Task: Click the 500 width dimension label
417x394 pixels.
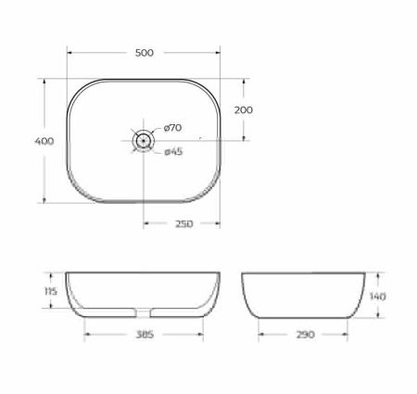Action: (x=144, y=53)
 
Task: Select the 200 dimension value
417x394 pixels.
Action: (x=244, y=109)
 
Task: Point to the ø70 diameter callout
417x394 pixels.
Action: (x=173, y=127)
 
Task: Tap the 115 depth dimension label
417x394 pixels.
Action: (x=51, y=291)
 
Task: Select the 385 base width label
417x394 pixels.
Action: (x=144, y=333)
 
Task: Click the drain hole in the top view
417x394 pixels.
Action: (x=143, y=140)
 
